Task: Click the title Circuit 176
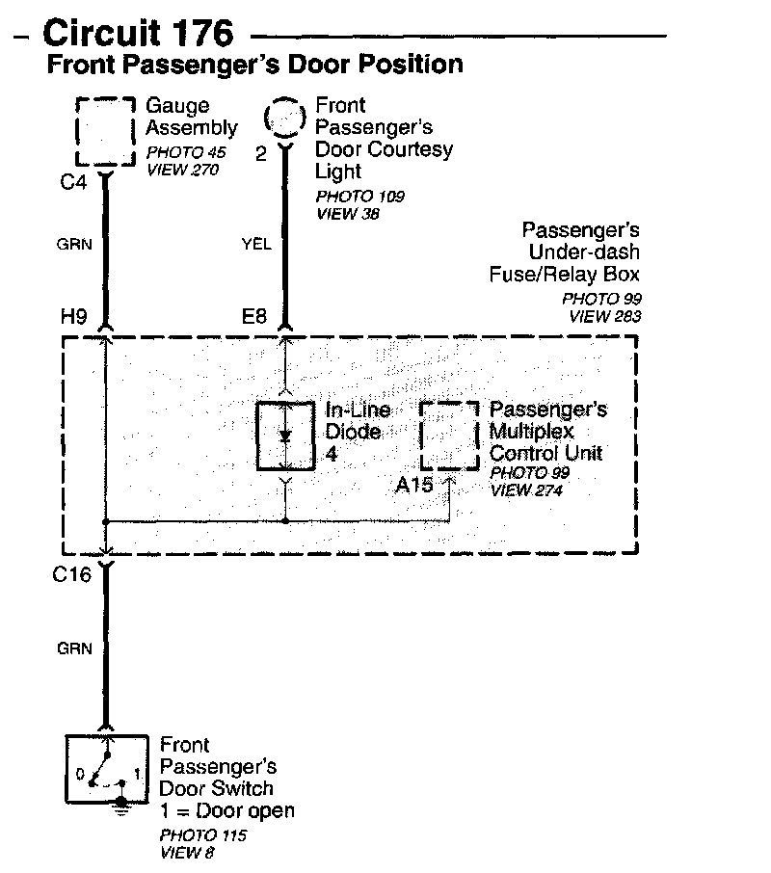coord(139,33)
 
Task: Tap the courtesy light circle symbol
coord(285,119)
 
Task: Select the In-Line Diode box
coord(286,435)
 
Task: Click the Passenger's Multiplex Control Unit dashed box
coord(450,436)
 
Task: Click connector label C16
coord(72,576)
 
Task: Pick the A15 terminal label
coord(414,485)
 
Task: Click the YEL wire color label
coord(255,244)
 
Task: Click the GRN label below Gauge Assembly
coord(74,244)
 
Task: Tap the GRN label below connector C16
coord(74,648)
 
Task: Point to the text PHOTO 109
coord(359,197)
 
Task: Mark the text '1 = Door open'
coord(226,810)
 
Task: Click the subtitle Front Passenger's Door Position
coord(255,66)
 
